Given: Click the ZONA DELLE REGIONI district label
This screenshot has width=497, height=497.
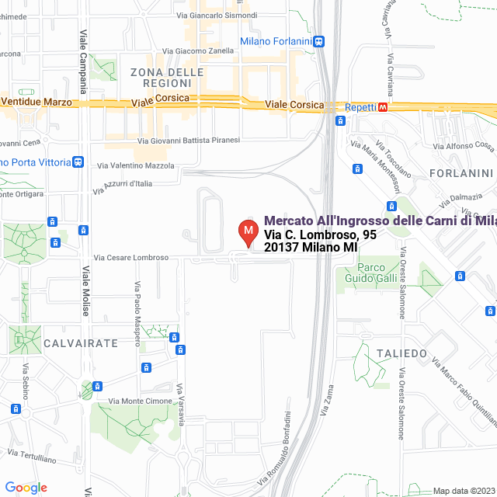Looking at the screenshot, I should coord(167,78).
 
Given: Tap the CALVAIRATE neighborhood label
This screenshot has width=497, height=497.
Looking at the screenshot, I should coord(81,342).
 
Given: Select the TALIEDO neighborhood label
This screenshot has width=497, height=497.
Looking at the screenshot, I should coord(401,353).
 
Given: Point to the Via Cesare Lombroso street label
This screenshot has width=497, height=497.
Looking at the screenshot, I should coord(131,258).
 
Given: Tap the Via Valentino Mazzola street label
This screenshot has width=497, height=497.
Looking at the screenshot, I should coord(136,165).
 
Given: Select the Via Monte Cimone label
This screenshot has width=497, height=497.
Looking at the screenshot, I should coord(141,401).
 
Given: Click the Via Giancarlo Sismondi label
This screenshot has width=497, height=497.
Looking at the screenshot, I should coord(217,15).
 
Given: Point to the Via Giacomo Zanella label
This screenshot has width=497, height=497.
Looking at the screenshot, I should coord(216,51).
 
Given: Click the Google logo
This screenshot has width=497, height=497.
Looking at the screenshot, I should coord(26,488).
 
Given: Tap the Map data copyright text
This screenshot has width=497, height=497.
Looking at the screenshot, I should coord(464,491).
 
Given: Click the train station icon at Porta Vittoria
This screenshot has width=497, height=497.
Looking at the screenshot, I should coord(78,162).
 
